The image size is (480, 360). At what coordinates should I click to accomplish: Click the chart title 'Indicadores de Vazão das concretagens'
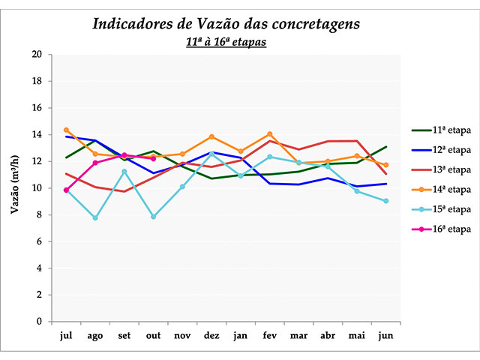coord(226,23)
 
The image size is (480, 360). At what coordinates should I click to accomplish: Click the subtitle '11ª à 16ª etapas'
coord(226,42)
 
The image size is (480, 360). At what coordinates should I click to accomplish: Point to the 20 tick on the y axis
coord(37,55)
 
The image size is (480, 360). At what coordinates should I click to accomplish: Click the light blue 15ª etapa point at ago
coord(95,218)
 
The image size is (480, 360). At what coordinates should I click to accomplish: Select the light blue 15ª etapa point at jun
coord(385,201)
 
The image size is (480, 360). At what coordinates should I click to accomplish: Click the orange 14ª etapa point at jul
coord(66,130)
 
